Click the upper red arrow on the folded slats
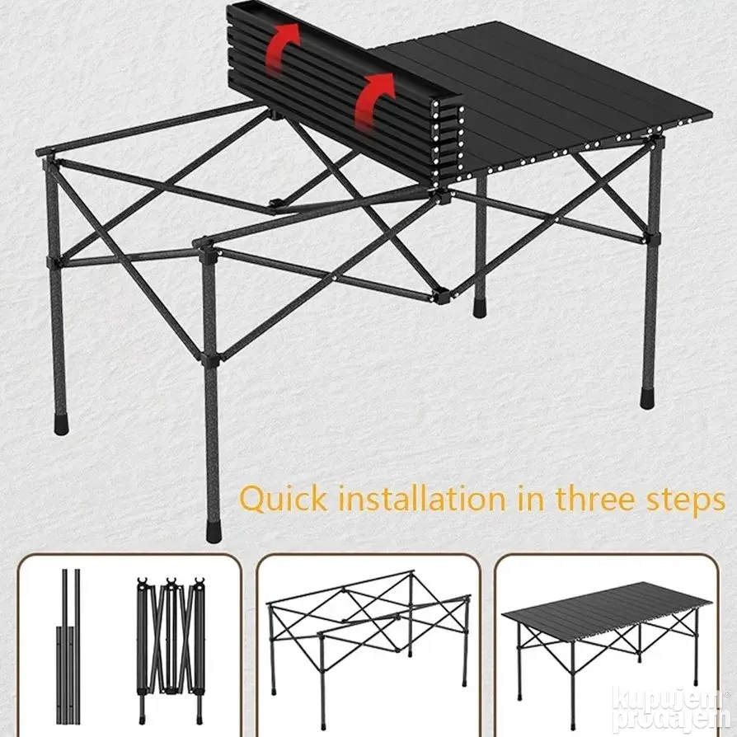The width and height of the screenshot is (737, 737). [x=282, y=47]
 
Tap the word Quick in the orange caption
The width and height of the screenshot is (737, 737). [x=283, y=500]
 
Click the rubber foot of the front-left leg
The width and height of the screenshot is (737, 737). [x=61, y=424]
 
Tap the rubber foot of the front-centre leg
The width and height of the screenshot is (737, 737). [x=213, y=532]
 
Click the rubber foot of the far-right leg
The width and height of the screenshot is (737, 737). [x=648, y=400]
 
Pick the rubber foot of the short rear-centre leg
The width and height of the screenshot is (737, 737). [x=479, y=307]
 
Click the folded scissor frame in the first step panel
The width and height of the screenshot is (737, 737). [x=171, y=650]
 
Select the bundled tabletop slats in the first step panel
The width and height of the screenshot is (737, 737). [x=68, y=646]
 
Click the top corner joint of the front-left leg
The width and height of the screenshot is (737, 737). [x=49, y=159]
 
